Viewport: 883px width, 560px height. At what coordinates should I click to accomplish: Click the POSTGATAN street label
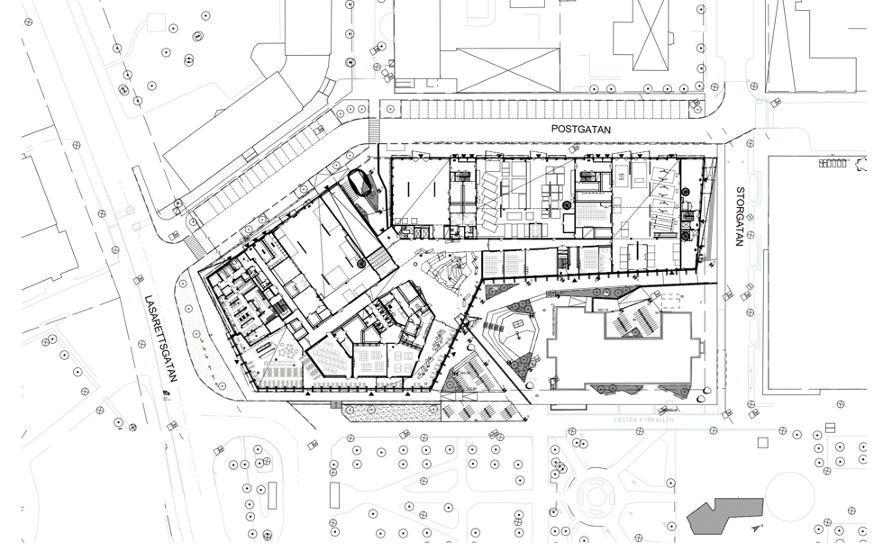(581, 130)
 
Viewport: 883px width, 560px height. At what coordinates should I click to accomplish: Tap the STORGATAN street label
(741, 216)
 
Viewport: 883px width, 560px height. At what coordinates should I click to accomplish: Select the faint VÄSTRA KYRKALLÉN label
(643, 420)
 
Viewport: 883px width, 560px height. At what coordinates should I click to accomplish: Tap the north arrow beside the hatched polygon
(760, 527)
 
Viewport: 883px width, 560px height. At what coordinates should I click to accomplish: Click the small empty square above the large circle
(762, 442)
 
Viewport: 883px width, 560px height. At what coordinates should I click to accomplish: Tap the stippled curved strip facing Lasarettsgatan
(197, 333)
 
